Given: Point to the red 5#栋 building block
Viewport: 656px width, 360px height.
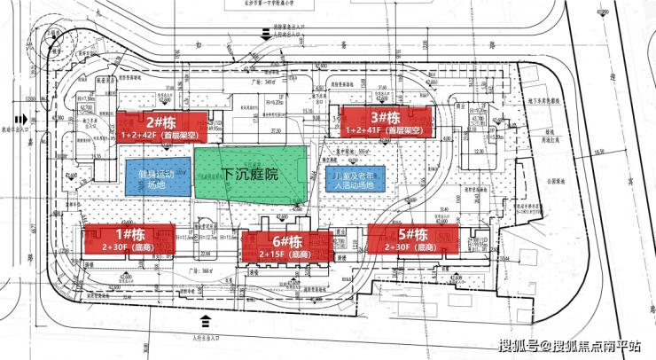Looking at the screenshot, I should pos(412,239).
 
